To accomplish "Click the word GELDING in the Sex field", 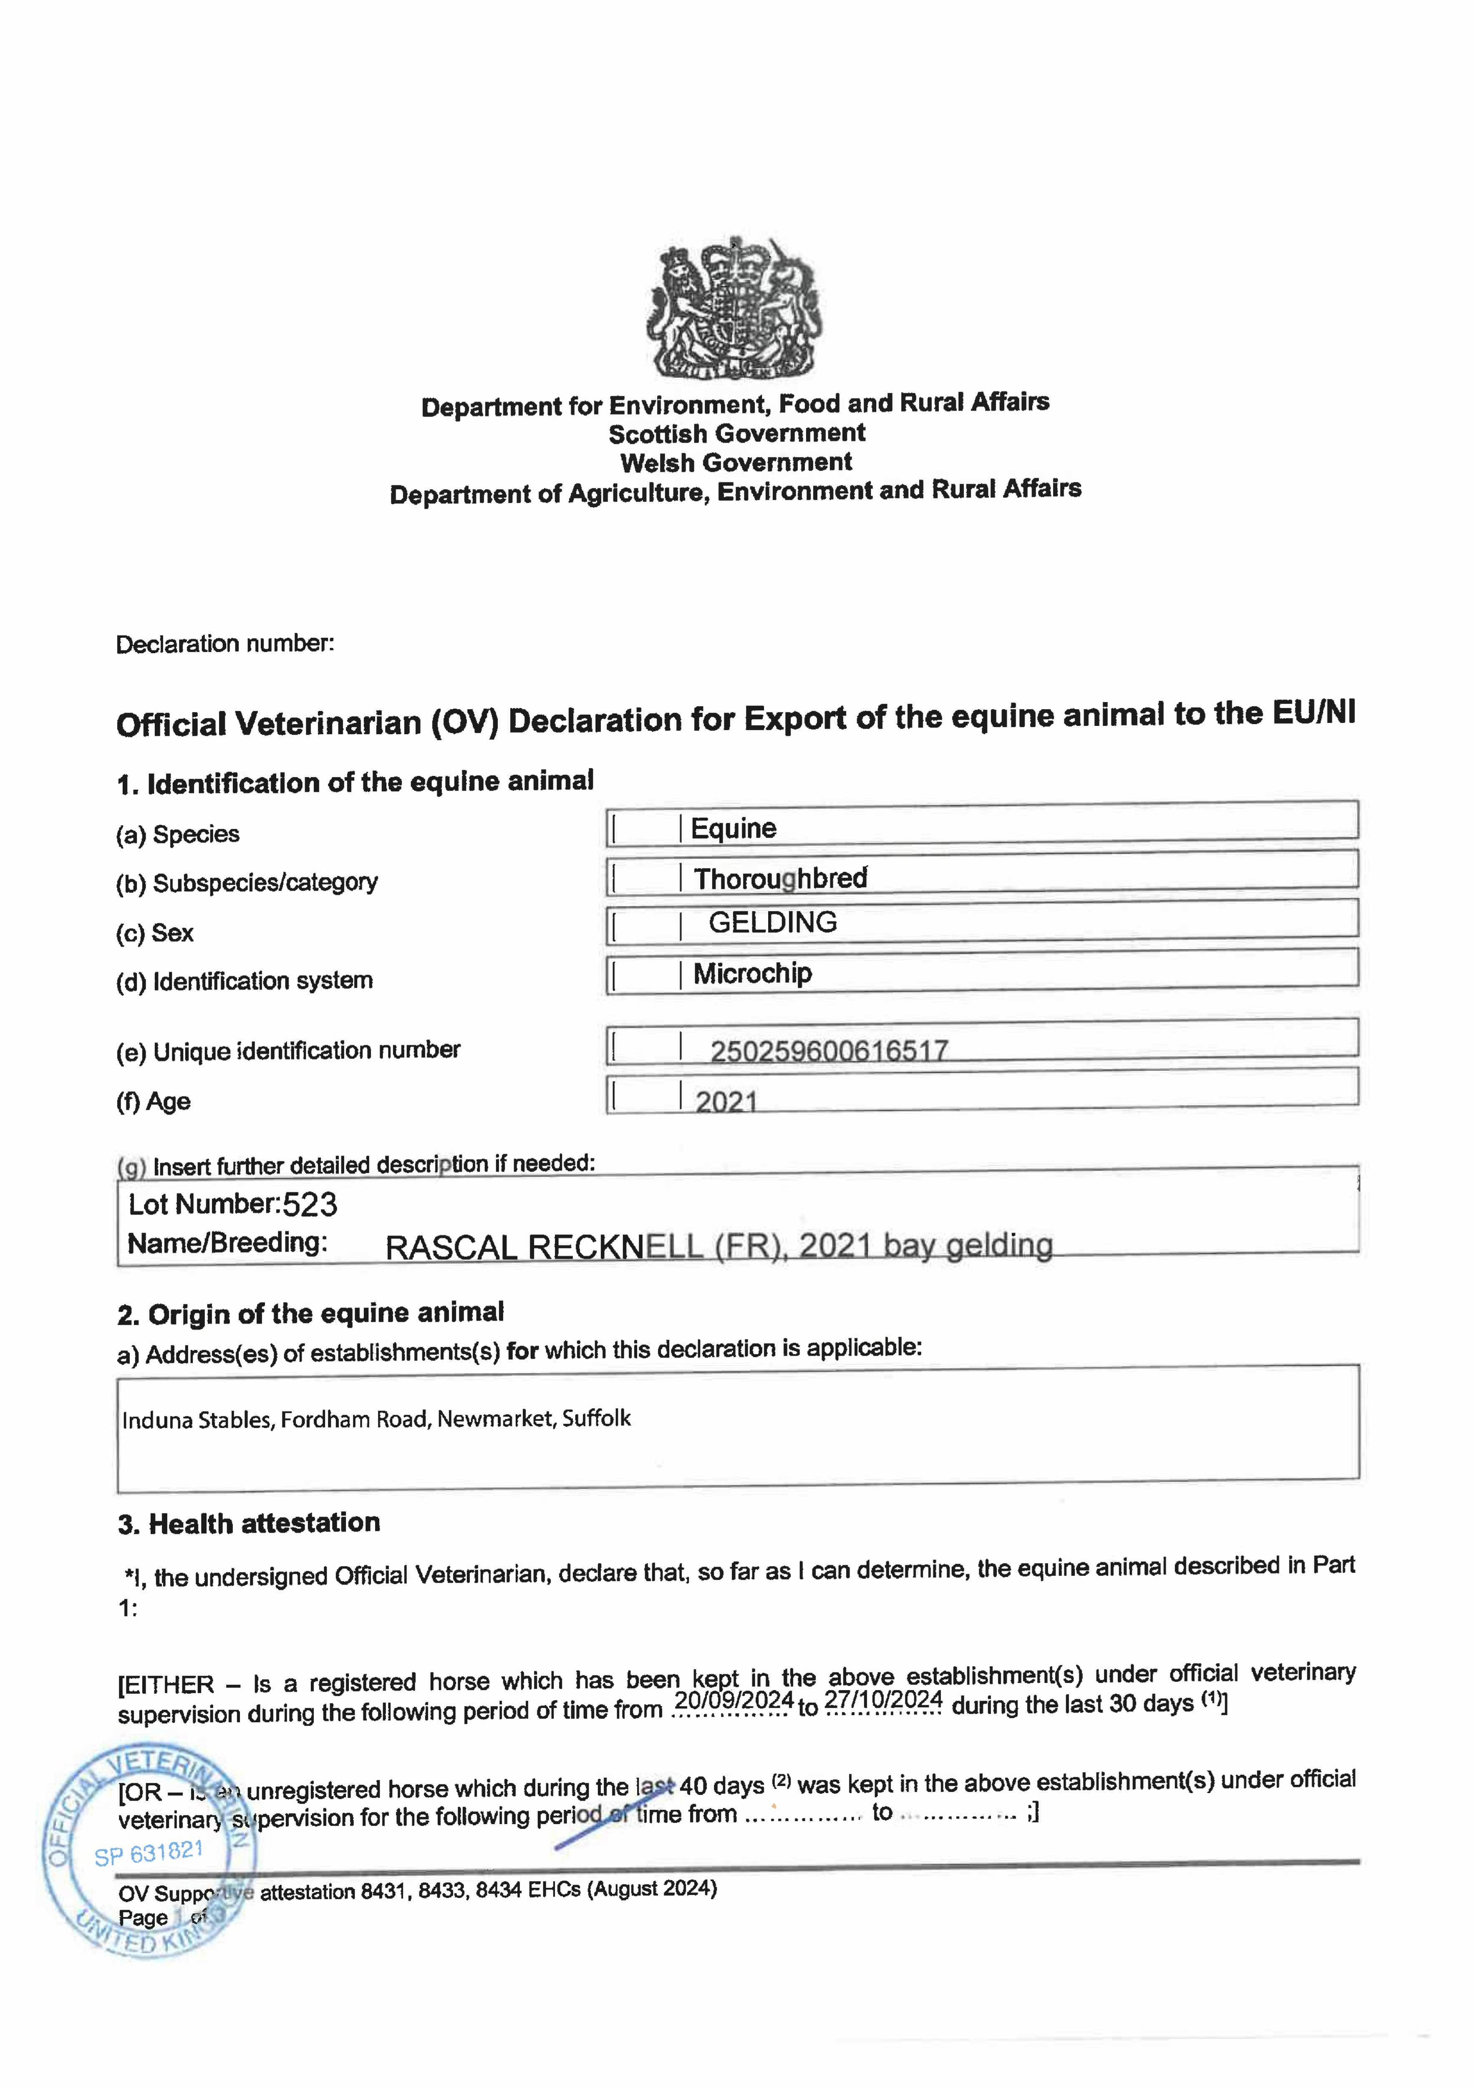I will click(x=772, y=922).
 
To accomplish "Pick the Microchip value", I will click(x=752, y=973).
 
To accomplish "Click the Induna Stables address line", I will click(x=376, y=1419).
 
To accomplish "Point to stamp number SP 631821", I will click(x=149, y=1852).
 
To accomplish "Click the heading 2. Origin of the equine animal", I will click(x=311, y=1314).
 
